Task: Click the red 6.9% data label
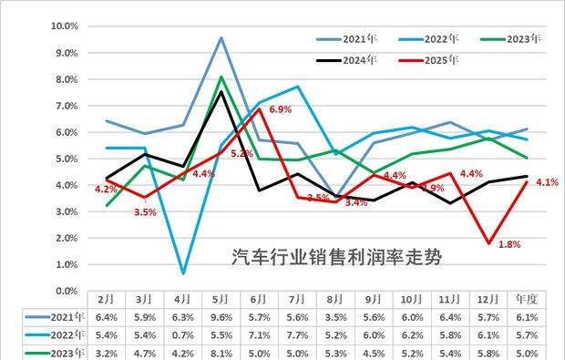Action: click(x=279, y=109)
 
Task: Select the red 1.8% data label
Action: click(x=509, y=244)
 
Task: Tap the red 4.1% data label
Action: click(x=547, y=182)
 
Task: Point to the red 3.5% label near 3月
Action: click(x=146, y=211)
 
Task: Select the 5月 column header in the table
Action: click(x=221, y=299)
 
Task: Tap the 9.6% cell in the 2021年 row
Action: click(x=221, y=317)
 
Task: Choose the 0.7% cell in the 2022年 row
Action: click(x=183, y=335)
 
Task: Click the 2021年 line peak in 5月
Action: click(x=221, y=37)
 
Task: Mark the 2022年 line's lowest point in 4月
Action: click(x=183, y=273)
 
